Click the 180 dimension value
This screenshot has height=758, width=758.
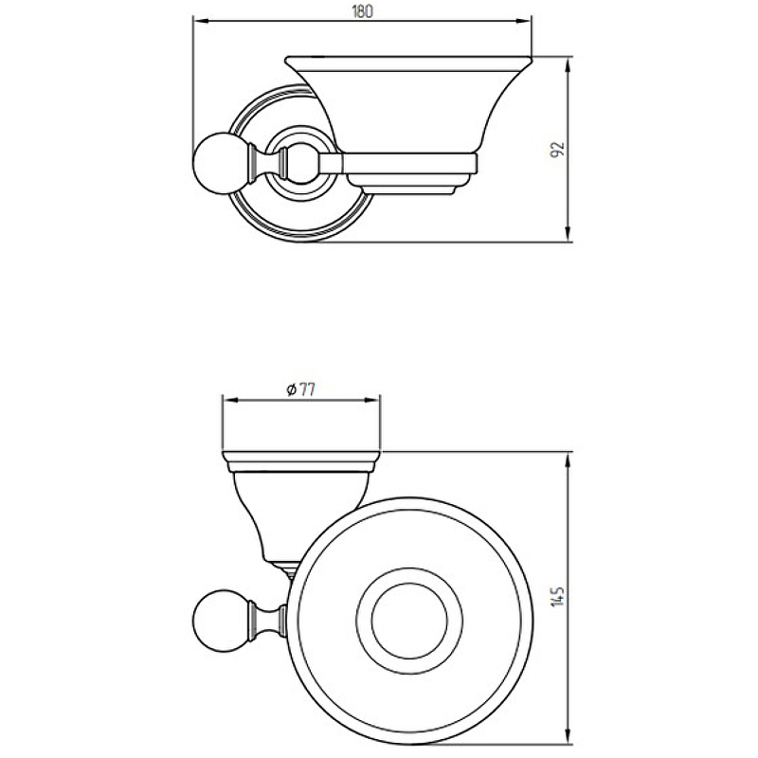pos(362,11)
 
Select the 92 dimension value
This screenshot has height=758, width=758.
pos(557,150)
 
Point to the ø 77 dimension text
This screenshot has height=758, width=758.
pos(300,389)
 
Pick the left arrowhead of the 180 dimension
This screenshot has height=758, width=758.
pos(201,21)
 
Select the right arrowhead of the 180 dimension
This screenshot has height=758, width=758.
pos(524,21)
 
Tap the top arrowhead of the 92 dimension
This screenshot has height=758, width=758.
pos(568,64)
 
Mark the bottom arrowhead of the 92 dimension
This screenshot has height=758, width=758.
pos(568,233)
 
